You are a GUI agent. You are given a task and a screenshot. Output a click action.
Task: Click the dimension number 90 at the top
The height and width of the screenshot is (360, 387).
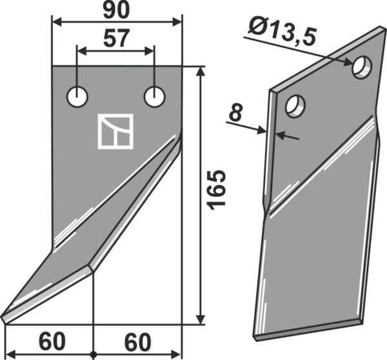pyautogui.click(x=116, y=12)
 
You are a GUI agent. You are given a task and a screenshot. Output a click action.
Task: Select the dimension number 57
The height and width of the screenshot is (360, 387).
pyautogui.click(x=116, y=39)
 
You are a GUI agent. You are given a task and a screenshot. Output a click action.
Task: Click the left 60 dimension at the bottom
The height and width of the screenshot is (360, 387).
pyautogui.click(x=52, y=342)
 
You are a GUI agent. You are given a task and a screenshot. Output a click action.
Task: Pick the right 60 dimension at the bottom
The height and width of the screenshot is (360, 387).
pyautogui.click(x=137, y=342)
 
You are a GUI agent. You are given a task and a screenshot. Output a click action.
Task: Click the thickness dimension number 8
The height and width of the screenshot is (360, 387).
pyautogui.click(x=235, y=113)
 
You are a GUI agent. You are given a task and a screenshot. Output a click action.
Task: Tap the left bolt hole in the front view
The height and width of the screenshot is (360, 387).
pyautogui.click(x=77, y=97)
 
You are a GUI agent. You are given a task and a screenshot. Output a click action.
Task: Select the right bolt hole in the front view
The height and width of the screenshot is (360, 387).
pyautogui.click(x=155, y=97)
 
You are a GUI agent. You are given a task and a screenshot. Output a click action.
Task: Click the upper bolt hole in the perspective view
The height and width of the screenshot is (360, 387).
pyautogui.click(x=362, y=67)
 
